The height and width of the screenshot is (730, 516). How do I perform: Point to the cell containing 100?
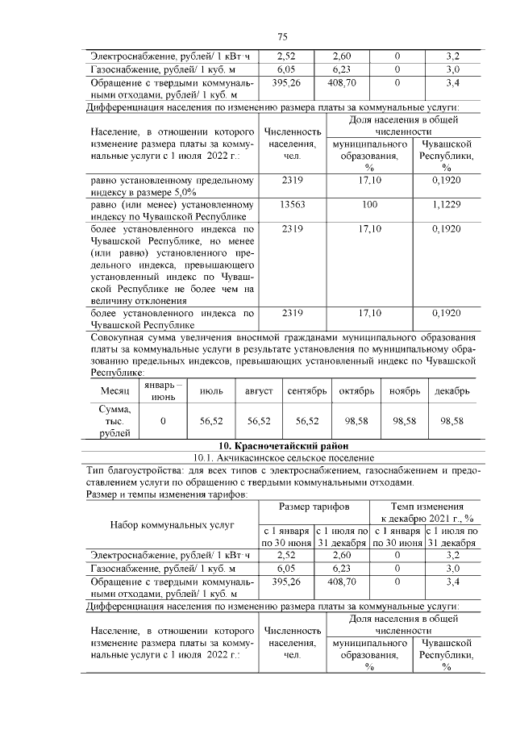pyautogui.click(x=369, y=205)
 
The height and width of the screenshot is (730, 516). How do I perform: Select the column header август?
pyautogui.click(x=259, y=390)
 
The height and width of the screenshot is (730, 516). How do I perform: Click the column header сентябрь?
pyautogui.click(x=307, y=390)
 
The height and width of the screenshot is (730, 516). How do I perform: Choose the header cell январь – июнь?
pyautogui.click(x=164, y=390)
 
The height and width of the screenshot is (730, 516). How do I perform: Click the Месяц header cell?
pyautogui.click(x=114, y=390)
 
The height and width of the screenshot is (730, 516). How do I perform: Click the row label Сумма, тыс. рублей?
pyautogui.click(x=114, y=421)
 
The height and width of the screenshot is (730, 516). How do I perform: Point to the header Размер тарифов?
pyautogui.click(x=314, y=507)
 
